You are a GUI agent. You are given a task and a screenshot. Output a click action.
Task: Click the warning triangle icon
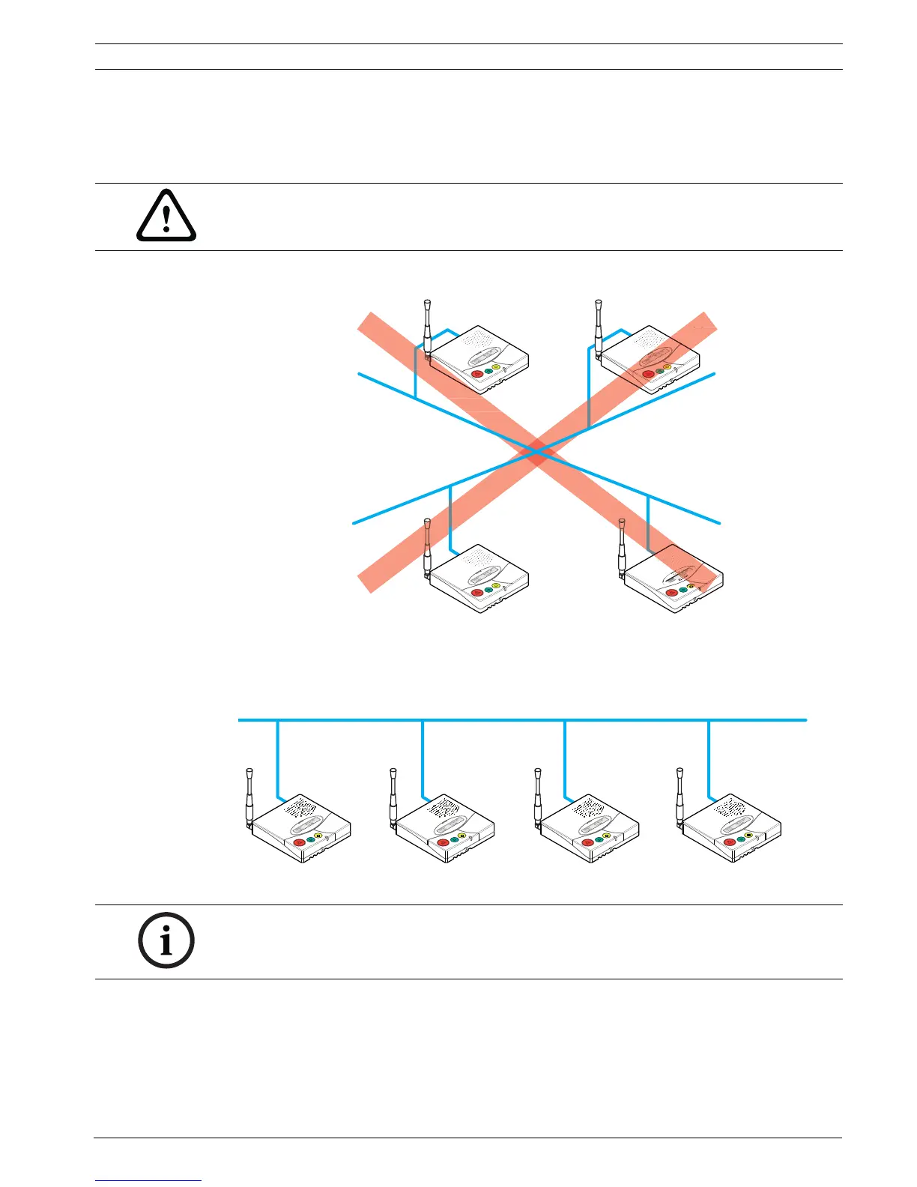[166, 217]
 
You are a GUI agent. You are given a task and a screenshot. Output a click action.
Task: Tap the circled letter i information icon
[166, 940]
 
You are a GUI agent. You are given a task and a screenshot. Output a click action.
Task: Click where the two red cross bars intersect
[536, 452]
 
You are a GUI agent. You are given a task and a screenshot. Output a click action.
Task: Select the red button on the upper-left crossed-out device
[477, 373]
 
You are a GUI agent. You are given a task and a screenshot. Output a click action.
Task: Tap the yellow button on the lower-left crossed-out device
[495, 585]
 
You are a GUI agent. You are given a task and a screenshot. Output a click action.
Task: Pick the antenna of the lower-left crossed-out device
[427, 547]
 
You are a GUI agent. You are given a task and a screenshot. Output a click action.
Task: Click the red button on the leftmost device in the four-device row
[299, 842]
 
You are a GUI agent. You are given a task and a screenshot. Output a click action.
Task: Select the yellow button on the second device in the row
[461, 836]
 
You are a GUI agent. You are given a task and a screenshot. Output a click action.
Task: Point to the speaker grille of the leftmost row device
[300, 808]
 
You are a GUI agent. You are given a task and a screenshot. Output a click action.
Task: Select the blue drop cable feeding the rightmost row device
[709, 757]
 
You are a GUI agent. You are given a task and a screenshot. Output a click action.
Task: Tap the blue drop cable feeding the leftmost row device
[278, 757]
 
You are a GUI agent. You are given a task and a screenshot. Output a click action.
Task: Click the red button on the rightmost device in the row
[730, 842]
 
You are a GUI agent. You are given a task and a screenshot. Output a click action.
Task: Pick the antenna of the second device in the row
[393, 796]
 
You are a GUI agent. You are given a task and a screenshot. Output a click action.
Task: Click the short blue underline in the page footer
[148, 1181]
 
